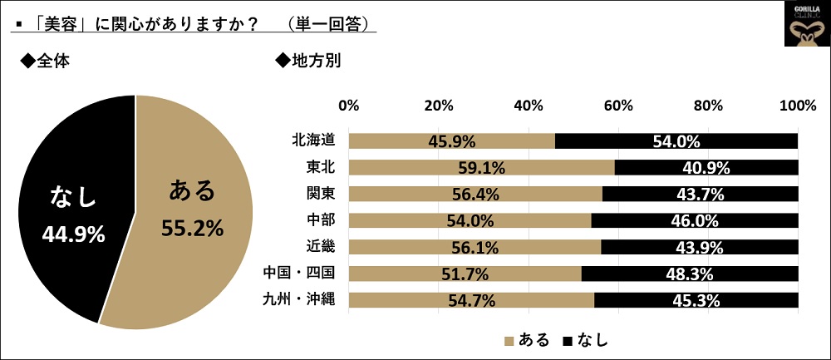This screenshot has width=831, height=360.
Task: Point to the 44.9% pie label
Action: coord(73,234)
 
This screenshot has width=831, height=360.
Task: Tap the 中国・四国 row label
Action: coord(298,273)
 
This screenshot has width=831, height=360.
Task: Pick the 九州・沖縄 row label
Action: coord(298,298)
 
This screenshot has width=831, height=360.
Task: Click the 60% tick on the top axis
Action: coord(618,106)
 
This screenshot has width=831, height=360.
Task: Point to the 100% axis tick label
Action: coord(798,106)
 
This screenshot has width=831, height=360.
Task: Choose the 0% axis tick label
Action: coord(349,106)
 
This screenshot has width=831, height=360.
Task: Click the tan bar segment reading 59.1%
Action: coord(481,168)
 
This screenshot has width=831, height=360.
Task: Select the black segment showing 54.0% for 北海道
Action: coord(676,141)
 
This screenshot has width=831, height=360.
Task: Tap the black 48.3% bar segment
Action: coord(690,273)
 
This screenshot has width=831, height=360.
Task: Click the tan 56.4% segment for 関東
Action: coord(475,195)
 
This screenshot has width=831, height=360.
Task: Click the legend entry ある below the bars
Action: coord(525,339)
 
